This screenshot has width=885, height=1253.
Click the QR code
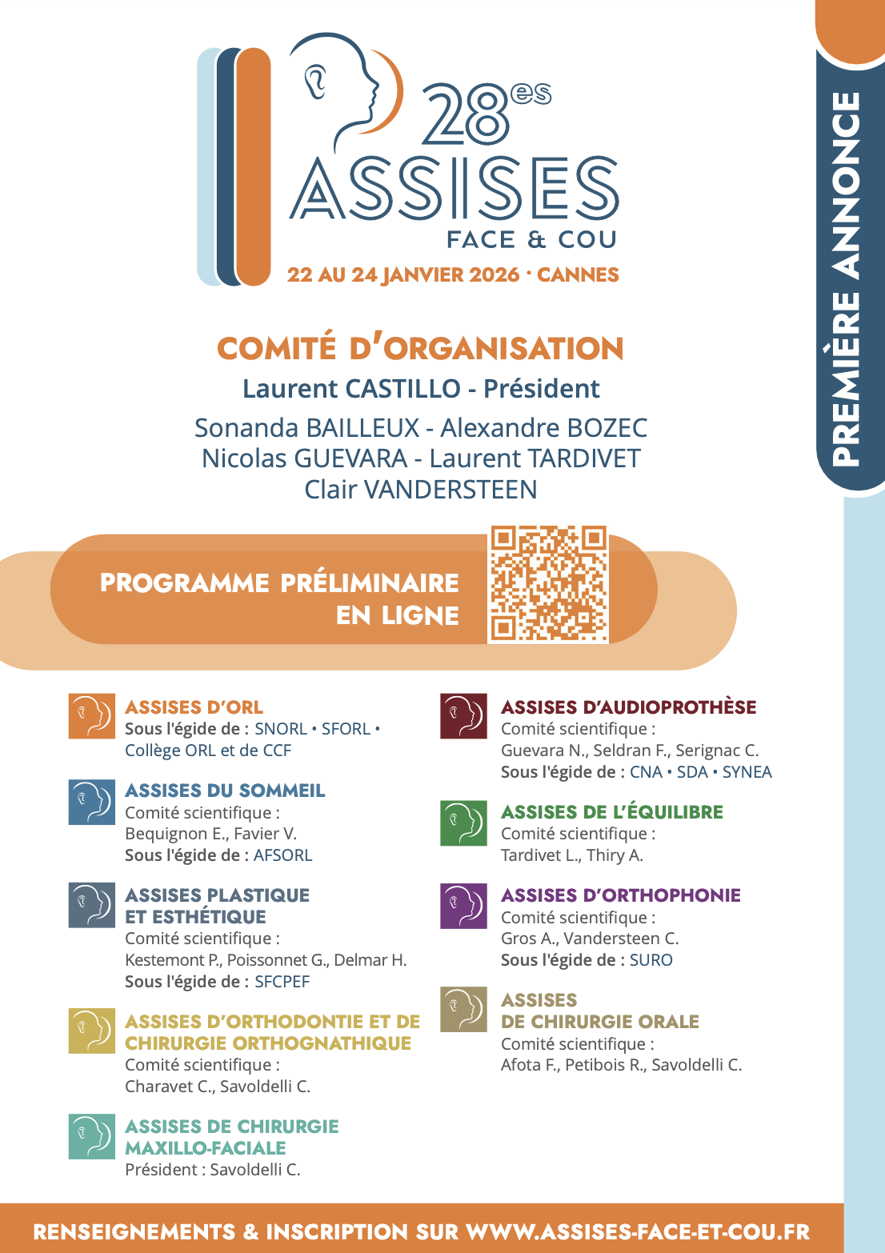[x=548, y=584]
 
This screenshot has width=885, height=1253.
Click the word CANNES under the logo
[x=578, y=275]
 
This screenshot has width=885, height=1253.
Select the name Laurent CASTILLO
[x=351, y=389]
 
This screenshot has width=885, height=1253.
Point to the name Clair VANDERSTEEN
[x=421, y=490]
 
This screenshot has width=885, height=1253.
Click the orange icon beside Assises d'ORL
[x=92, y=716]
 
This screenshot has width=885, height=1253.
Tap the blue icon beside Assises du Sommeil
[x=92, y=802]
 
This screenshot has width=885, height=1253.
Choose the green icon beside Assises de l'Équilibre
[x=464, y=823]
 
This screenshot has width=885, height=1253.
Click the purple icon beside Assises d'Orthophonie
[x=464, y=906]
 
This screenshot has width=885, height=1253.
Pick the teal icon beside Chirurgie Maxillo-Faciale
[x=92, y=1137]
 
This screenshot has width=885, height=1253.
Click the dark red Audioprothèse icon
[x=464, y=716]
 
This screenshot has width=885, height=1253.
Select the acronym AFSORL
[x=282, y=855]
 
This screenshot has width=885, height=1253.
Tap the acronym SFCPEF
[x=282, y=982]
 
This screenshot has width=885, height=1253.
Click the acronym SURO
[x=651, y=960]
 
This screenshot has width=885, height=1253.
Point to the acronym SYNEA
[x=747, y=772]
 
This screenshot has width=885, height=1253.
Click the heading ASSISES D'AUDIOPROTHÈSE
[x=628, y=707]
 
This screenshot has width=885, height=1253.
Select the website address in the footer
[x=638, y=1231]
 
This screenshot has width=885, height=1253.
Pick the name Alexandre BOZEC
[x=543, y=428]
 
